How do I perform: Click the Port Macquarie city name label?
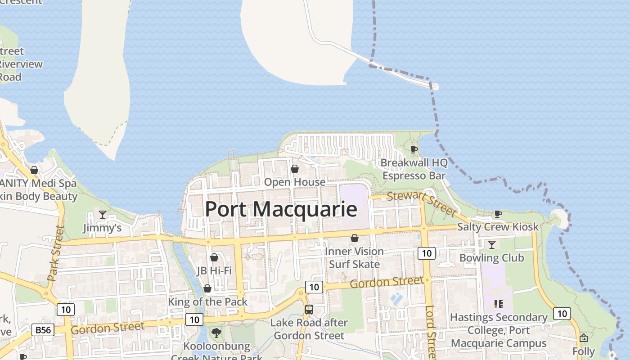(281, 209)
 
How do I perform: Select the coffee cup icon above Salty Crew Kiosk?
(498, 214)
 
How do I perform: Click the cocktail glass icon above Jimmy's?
(103, 215)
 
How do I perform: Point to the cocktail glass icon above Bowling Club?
(491, 244)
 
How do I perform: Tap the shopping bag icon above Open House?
(295, 169)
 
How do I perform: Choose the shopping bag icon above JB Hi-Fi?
(214, 257)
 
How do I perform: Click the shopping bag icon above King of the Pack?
(207, 288)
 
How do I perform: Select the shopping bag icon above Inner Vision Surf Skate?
(355, 238)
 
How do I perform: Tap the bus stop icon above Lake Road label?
(309, 310)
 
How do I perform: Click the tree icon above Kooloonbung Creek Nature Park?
(216, 333)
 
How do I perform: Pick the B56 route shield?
(43, 330)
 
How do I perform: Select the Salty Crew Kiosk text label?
(498, 227)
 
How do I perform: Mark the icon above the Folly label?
(584, 338)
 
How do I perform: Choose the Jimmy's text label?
(102, 228)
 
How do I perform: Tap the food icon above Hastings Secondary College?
(498, 304)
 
